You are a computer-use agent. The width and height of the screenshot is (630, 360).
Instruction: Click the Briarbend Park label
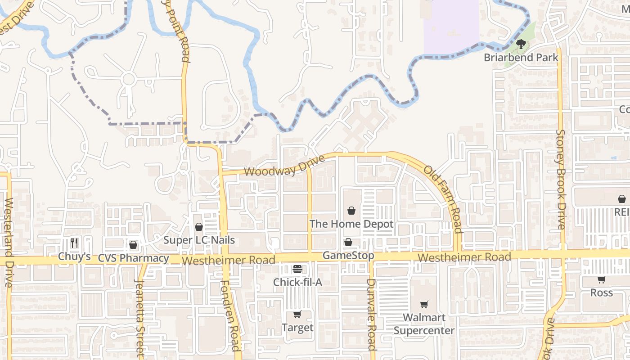[521, 58]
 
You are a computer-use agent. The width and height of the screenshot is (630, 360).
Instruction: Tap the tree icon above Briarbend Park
[521, 44]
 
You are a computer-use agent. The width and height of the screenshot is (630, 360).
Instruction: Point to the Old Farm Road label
[443, 199]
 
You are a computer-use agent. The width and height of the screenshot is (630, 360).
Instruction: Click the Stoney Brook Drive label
[561, 180]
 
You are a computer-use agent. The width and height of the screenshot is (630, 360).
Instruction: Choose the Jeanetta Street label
[139, 317]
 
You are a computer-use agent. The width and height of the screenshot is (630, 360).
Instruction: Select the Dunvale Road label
[371, 314]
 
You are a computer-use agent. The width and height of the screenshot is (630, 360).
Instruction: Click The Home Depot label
[351, 224]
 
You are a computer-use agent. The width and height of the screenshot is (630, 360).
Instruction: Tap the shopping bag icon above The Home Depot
[351, 210]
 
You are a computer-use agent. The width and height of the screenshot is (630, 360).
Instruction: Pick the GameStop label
[348, 256]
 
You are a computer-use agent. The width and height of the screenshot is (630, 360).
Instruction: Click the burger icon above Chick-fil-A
[297, 269]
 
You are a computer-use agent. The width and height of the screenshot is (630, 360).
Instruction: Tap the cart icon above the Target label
[297, 314]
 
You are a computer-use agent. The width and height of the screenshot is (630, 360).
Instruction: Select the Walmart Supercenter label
[424, 324]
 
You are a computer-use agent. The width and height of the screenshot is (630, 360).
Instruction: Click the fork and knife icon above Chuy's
[75, 243]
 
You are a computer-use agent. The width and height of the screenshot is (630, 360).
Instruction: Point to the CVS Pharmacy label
[133, 258]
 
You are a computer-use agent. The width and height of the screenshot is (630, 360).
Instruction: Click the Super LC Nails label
[199, 239]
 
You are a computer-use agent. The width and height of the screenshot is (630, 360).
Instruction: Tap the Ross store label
[602, 292]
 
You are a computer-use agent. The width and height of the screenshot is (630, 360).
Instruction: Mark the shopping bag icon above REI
[622, 199]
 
